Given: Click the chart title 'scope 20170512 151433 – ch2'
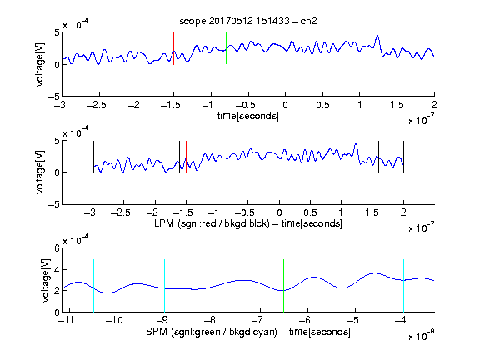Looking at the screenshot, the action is (x=248, y=21).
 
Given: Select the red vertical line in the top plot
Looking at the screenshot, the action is (x=173, y=48).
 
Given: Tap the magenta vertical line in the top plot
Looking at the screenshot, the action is (x=397, y=48).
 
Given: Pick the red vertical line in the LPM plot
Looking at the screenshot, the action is (x=186, y=157).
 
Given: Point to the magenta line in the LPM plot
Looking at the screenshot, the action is (x=372, y=157).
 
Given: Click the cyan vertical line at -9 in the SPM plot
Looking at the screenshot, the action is (x=165, y=286).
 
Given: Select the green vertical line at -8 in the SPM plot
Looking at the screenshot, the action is (x=212, y=286).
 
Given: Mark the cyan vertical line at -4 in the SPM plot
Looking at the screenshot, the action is (x=403, y=286).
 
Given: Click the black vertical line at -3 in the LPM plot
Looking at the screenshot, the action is (x=93, y=157).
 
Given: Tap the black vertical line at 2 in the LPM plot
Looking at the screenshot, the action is (x=403, y=157).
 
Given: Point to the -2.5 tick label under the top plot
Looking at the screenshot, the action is (x=96, y=105).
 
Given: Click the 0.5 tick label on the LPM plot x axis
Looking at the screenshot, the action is (x=310, y=212).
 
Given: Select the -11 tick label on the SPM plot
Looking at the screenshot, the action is (x=66, y=320).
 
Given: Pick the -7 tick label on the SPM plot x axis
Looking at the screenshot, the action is (x=257, y=320).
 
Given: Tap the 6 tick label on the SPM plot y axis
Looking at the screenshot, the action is (x=57, y=248).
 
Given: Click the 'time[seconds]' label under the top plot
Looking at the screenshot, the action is (x=248, y=116).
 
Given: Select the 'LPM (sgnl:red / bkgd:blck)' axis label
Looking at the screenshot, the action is (x=212, y=223).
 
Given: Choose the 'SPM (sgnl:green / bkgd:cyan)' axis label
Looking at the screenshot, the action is (x=212, y=332).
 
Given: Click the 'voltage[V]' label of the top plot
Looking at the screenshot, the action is (x=40, y=65).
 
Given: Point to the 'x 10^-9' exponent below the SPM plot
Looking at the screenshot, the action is (x=422, y=335).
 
